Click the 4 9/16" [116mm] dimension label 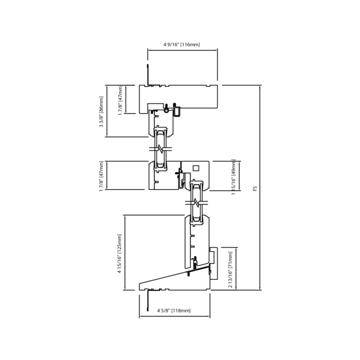click(181, 44)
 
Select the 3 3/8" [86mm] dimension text click(101, 111)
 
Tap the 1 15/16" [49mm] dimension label click(233, 177)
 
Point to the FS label click(254, 188)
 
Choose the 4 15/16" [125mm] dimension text click(119, 253)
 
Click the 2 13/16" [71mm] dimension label click(230, 269)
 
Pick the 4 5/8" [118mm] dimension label click(174, 310)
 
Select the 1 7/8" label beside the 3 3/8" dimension click(120, 100)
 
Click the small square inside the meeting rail click(196, 168)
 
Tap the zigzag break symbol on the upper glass click(160, 148)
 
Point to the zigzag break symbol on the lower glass click(196, 202)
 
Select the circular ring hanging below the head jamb click(166, 110)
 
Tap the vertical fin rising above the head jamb click(148, 75)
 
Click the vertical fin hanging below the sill click(148, 300)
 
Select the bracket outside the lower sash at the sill click(214, 263)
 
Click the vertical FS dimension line click(260, 187)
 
